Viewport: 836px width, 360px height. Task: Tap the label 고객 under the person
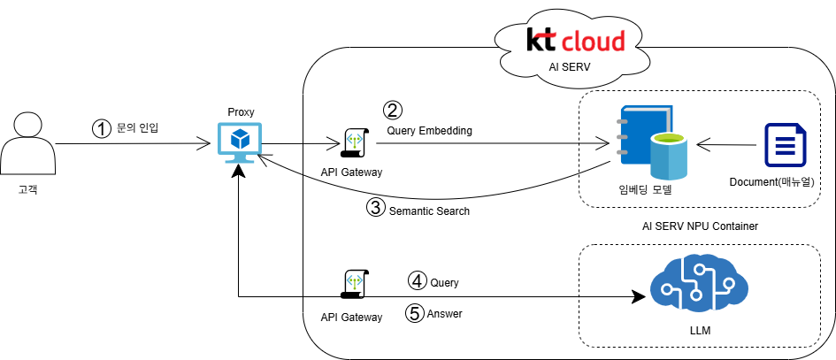click(x=27, y=189)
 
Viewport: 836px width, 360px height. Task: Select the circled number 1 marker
click(x=103, y=128)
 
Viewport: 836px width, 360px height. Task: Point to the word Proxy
click(x=241, y=111)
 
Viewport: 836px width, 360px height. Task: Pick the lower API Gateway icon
click(x=353, y=284)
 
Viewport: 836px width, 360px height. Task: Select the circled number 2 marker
click(x=392, y=111)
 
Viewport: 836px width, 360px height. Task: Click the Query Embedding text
click(x=429, y=131)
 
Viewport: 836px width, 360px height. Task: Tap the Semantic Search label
click(x=429, y=211)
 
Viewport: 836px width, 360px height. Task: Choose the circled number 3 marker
click(x=376, y=209)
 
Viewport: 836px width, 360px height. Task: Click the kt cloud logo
click(x=575, y=40)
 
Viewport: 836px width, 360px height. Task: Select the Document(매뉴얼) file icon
click(x=785, y=145)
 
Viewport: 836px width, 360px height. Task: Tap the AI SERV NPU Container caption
click(x=700, y=226)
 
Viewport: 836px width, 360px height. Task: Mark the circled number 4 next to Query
click(x=417, y=280)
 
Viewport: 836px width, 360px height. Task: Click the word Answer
click(x=444, y=313)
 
